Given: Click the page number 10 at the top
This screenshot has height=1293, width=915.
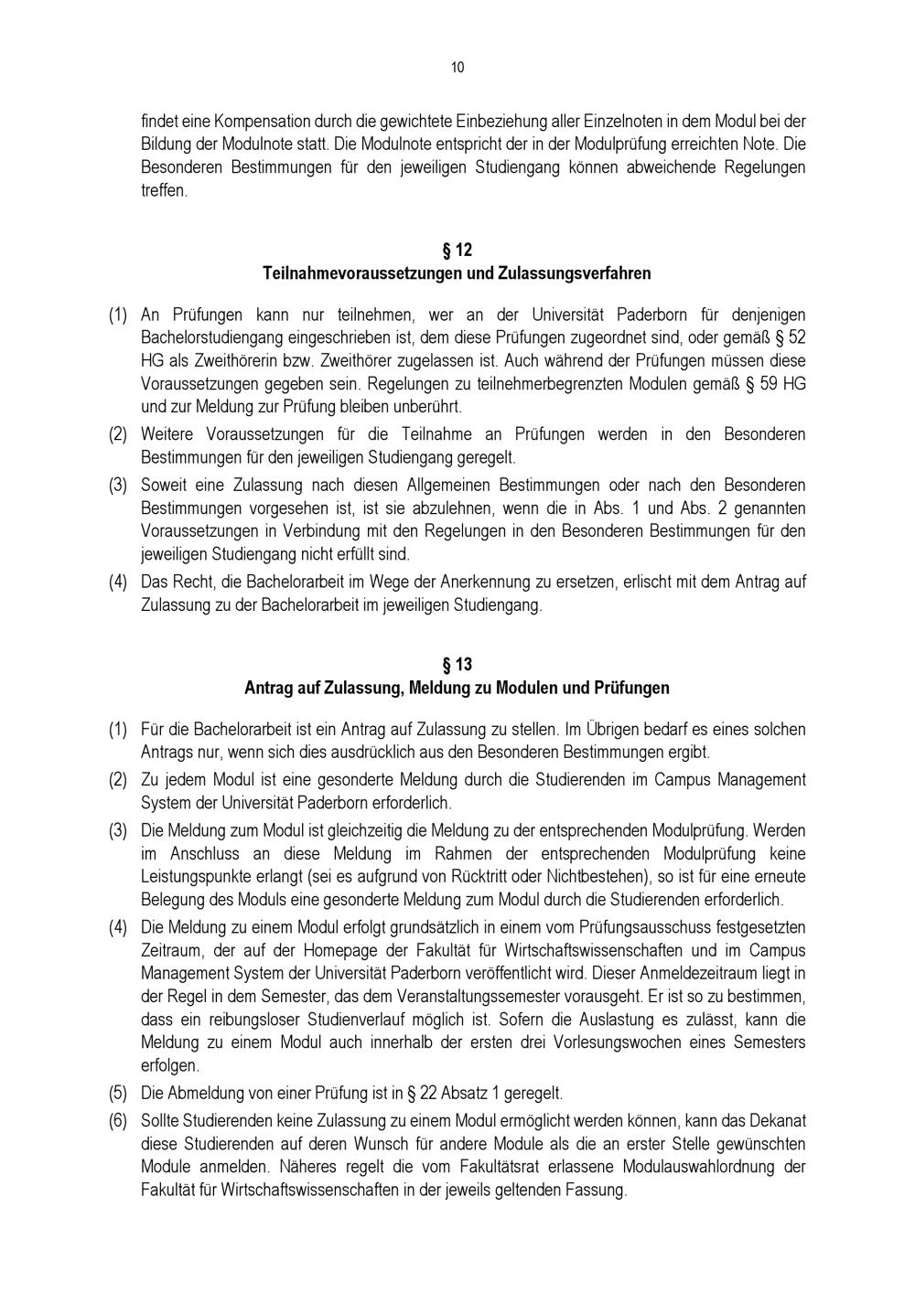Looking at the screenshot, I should tap(457, 68).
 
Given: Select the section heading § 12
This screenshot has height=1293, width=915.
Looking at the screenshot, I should tap(457, 250).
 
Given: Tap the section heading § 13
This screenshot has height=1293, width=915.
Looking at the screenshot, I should tap(457, 664).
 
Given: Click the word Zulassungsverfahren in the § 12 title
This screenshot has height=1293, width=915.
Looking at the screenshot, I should tap(574, 273).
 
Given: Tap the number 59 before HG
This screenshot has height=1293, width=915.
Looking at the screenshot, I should tap(768, 384).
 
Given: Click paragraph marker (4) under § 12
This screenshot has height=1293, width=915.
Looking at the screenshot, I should tap(118, 582).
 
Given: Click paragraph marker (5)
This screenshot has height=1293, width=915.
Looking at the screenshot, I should tap(118, 1093).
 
